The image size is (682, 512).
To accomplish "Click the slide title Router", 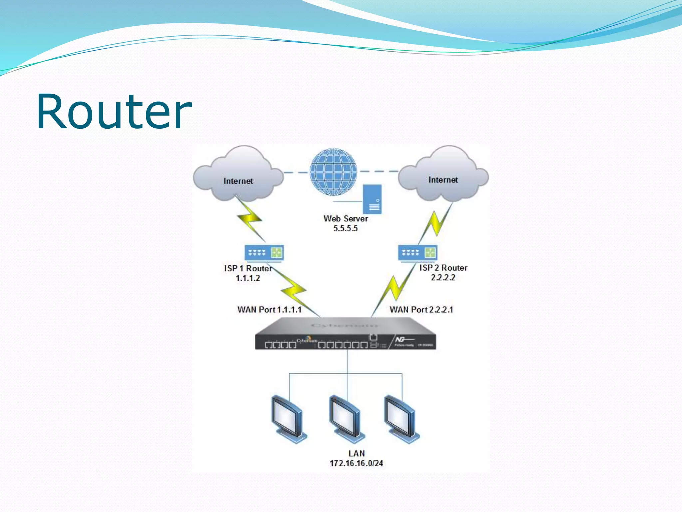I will (114, 112).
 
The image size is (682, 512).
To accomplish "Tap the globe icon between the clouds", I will (333, 172).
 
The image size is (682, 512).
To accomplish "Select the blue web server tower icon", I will (372, 199).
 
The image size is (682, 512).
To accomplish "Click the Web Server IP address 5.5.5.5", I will (345, 228).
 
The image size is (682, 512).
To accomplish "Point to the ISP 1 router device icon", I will (264, 253).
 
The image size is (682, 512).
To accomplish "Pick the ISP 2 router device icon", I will (417, 253).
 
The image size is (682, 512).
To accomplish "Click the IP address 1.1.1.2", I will (248, 278).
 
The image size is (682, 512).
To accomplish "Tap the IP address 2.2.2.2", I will (443, 277).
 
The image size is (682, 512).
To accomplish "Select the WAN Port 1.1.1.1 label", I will (269, 310).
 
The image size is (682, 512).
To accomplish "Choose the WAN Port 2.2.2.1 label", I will (421, 310).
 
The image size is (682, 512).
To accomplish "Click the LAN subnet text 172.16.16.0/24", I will (356, 463).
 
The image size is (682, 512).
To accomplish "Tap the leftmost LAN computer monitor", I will (288, 419).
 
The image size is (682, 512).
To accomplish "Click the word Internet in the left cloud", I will (238, 181).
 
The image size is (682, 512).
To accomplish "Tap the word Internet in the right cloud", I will (443, 180).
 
